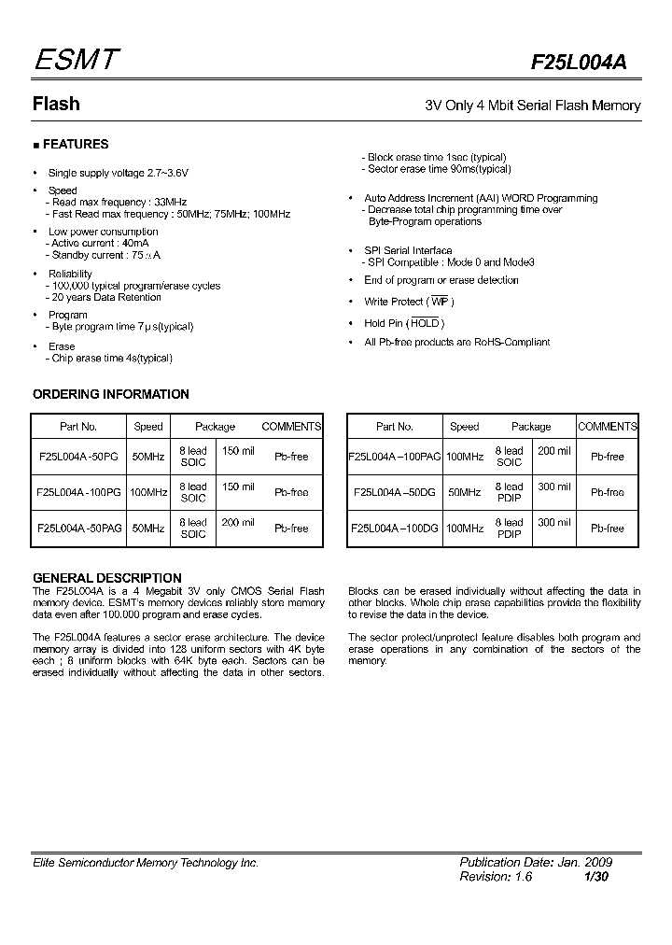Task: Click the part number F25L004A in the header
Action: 579,63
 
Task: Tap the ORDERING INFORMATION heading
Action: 111,394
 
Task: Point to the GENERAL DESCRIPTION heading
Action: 107,578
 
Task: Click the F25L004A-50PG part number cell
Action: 78,458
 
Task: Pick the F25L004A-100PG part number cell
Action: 78,492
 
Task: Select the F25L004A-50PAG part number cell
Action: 78,528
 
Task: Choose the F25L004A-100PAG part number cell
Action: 394,458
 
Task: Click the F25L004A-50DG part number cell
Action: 394,492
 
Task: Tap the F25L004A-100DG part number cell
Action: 394,528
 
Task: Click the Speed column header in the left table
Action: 148,427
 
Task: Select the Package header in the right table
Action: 531,427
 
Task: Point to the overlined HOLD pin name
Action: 425,323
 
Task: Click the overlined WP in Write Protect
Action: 439,302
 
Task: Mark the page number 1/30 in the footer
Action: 596,878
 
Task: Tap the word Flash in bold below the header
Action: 56,105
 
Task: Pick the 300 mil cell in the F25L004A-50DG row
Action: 553,487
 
